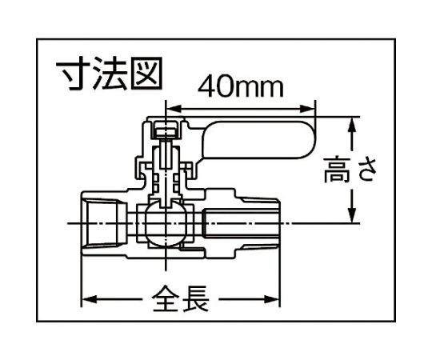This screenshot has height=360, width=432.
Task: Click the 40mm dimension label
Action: [241, 86]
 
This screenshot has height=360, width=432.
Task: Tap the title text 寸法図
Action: [108, 74]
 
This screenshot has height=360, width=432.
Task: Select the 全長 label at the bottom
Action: [181, 299]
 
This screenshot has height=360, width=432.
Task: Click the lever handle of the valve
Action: [258, 141]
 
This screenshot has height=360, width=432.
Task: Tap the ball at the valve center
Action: [166, 223]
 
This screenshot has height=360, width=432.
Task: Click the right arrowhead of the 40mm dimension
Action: [307, 109]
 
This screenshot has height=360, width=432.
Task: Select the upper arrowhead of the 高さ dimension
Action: [351, 125]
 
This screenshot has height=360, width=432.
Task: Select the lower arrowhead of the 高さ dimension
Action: [351, 215]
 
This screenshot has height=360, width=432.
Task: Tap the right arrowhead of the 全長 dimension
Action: [272, 299]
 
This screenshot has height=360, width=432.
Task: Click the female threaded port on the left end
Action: [104, 223]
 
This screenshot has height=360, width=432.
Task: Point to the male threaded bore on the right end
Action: [241, 223]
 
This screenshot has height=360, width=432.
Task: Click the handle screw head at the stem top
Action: [166, 129]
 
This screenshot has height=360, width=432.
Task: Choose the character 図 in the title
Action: [146, 74]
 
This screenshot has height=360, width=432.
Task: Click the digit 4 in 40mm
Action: [206, 87]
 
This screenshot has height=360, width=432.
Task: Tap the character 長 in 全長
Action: [195, 299]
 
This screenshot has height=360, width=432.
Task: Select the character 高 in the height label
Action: [337, 170]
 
